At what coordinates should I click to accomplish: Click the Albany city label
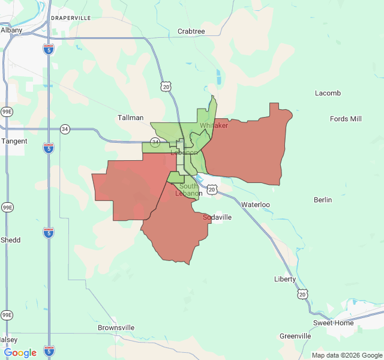tap(11, 29)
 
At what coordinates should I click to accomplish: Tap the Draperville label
tap(71, 18)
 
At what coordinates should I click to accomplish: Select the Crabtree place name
tap(191, 31)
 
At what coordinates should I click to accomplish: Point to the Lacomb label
tap(328, 93)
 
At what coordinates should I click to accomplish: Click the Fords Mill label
tap(346, 119)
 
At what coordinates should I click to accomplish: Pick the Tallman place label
tap(130, 118)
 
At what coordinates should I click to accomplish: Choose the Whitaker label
tap(214, 125)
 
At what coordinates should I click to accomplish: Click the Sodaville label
tap(217, 217)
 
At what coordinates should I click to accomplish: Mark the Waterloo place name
tap(256, 205)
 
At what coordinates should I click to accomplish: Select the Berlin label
tap(323, 200)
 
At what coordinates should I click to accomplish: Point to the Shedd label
tap(10, 240)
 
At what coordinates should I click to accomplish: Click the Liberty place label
tap(285, 279)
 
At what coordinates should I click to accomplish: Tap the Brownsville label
tap(116, 328)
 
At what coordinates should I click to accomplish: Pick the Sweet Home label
tap(333, 323)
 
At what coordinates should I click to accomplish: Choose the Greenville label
tap(295, 336)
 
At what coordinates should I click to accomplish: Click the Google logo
tap(20, 353)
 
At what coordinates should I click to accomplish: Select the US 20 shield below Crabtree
tap(165, 87)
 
